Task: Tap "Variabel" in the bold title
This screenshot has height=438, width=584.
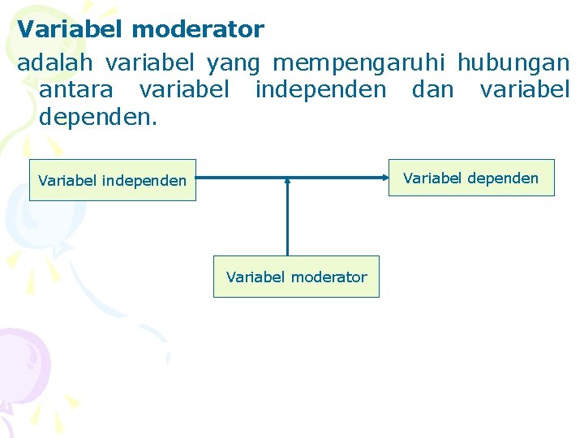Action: pyautogui.click(x=71, y=30)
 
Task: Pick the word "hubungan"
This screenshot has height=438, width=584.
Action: pyautogui.click(x=513, y=63)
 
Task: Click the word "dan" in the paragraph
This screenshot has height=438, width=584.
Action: pyautogui.click(x=433, y=89)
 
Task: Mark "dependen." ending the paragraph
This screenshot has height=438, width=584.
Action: pyautogui.click(x=98, y=118)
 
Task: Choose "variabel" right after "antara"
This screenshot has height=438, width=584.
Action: pyautogui.click(x=184, y=89)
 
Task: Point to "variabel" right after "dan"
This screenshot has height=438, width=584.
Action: pyautogui.click(x=525, y=89)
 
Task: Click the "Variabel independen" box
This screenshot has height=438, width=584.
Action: pyautogui.click(x=113, y=180)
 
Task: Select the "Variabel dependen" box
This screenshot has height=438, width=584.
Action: pyautogui.click(x=470, y=178)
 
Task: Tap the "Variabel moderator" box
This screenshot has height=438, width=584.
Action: pyautogui.click(x=296, y=277)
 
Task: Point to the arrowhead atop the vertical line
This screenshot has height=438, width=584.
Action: pyautogui.click(x=287, y=182)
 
